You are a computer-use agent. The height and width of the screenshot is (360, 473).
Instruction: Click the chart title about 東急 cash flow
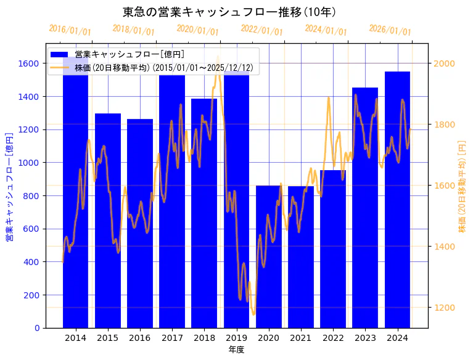229,12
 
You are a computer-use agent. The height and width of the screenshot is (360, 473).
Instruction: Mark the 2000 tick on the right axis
444,63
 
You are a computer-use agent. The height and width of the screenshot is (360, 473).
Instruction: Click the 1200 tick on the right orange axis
444,308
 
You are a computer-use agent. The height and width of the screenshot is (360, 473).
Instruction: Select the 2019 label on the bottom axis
236,338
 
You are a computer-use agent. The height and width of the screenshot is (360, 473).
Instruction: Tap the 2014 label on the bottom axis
75,338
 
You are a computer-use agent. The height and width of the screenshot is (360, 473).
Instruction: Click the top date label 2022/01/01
262,31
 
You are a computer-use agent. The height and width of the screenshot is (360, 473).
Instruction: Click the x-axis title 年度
236,350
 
